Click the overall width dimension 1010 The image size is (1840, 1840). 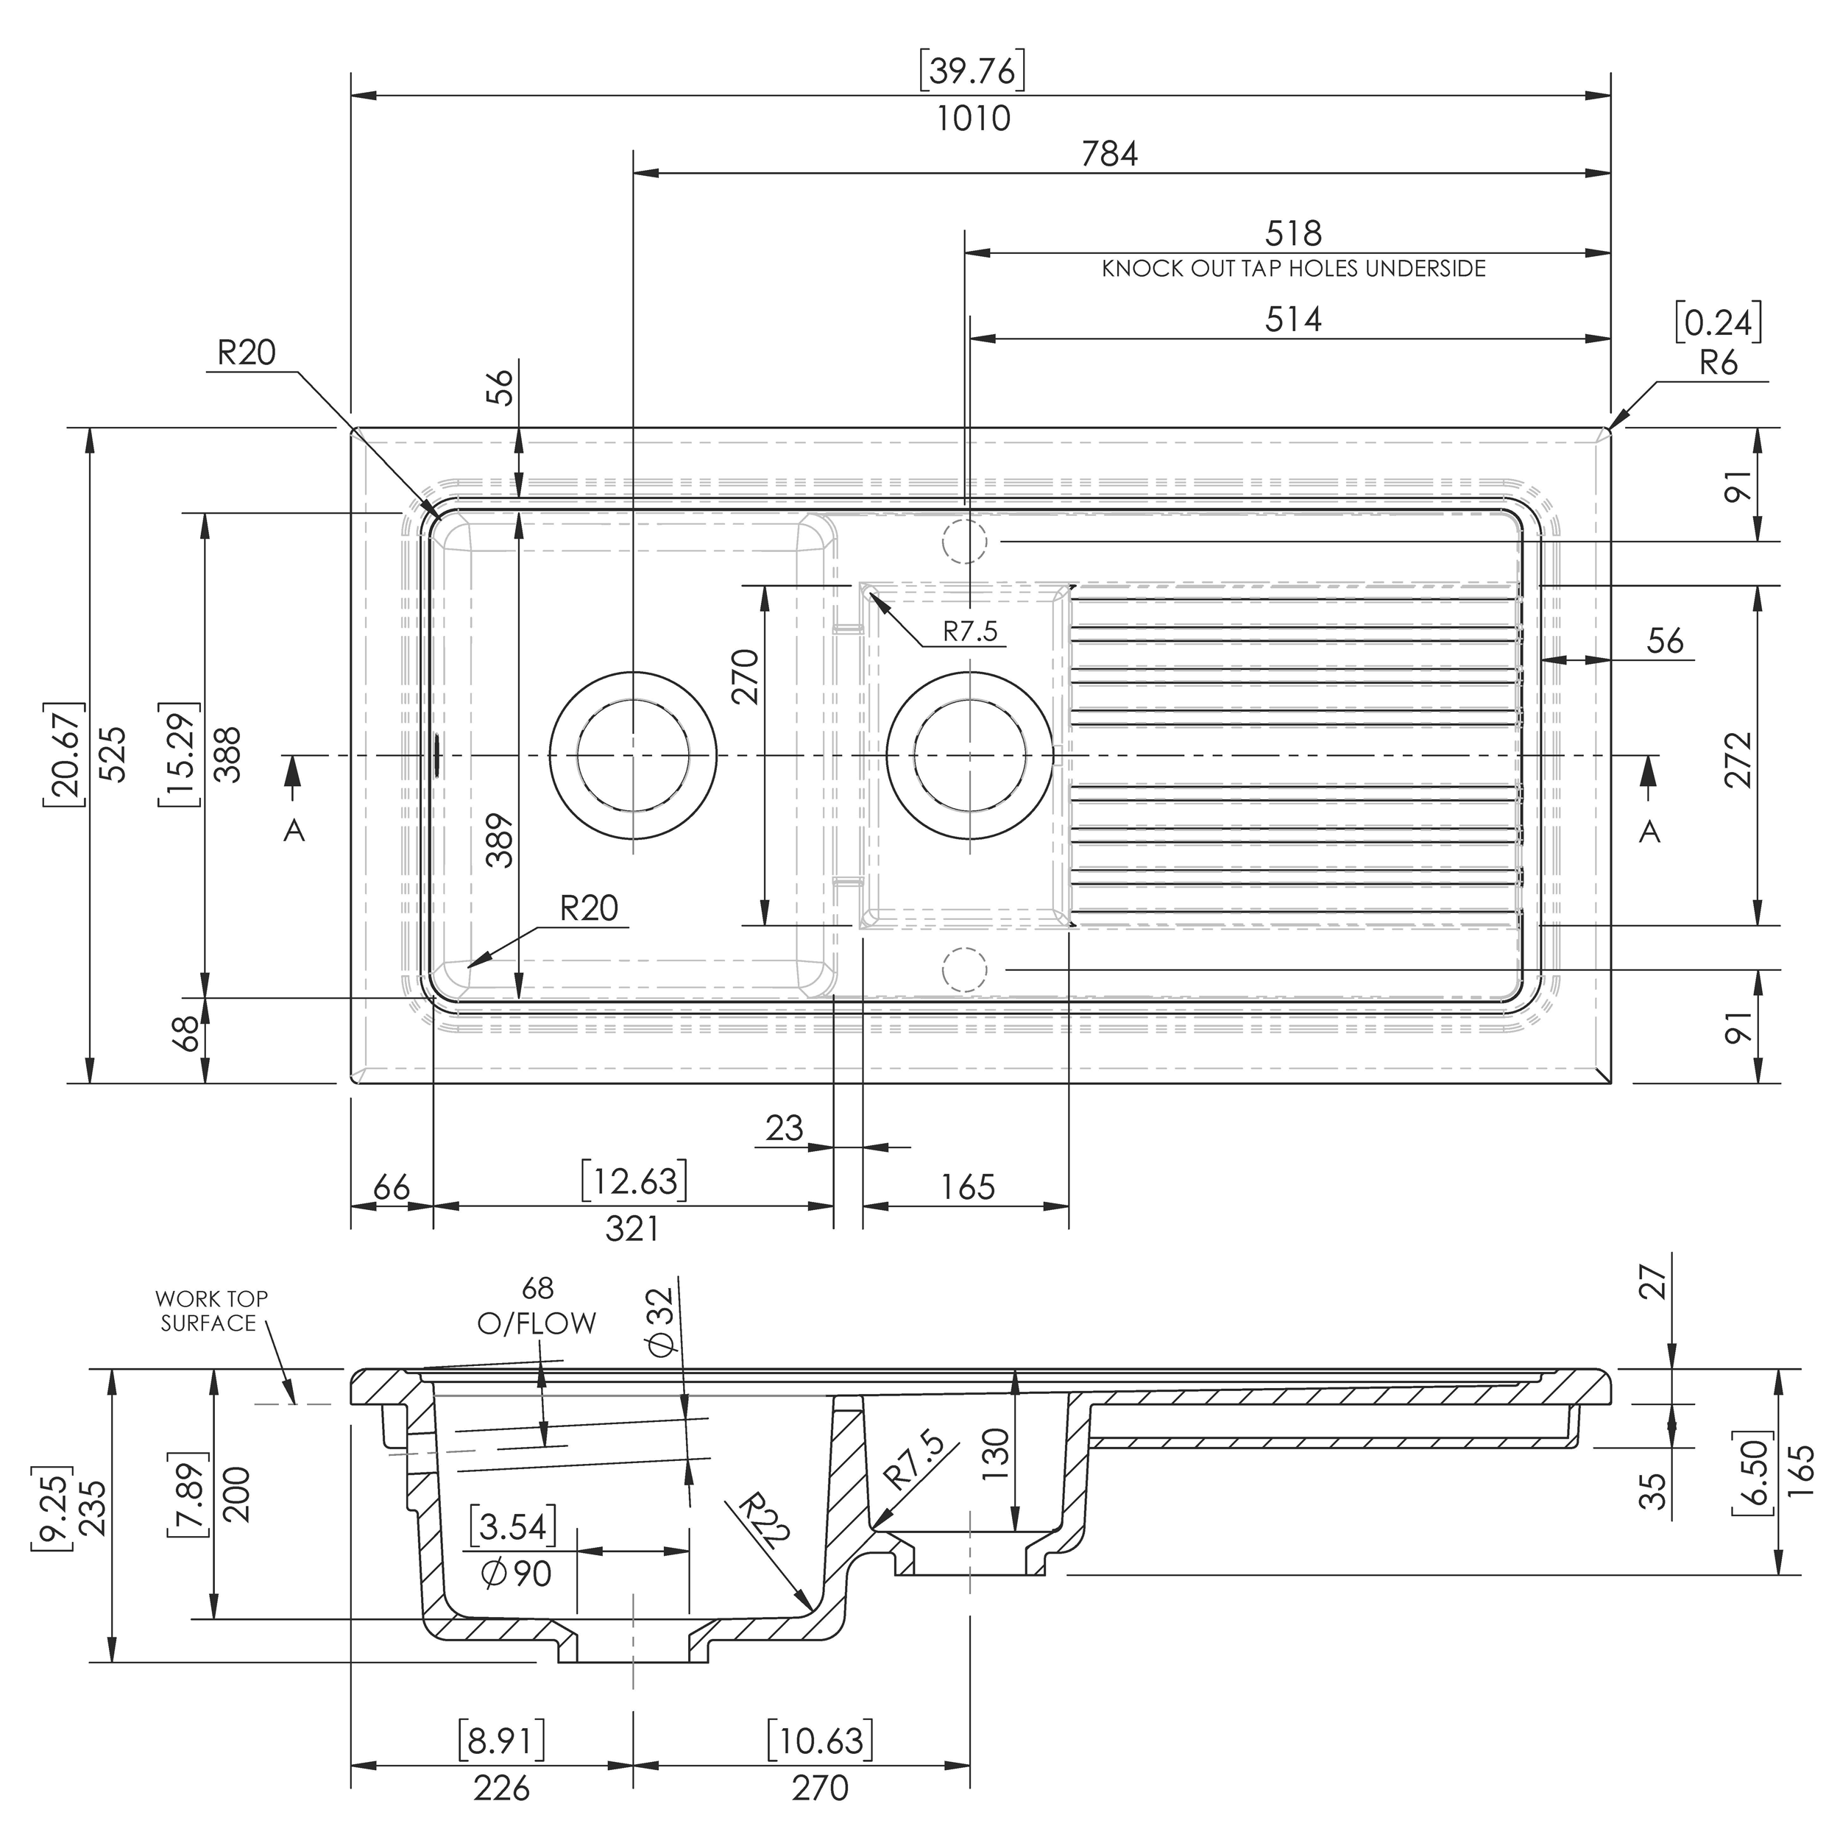point(972,119)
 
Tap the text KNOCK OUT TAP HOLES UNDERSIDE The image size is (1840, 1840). point(1293,269)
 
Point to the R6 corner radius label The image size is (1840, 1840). point(1718,363)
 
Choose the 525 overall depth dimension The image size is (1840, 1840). point(113,754)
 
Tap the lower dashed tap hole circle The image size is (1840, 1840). point(964,969)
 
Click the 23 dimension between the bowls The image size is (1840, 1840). point(785,1128)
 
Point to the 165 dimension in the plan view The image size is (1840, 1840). point(968,1188)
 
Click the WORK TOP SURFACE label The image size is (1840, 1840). point(210,1311)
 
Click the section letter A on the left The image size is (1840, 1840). point(294,832)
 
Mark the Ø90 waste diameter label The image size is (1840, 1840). point(518,1574)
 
